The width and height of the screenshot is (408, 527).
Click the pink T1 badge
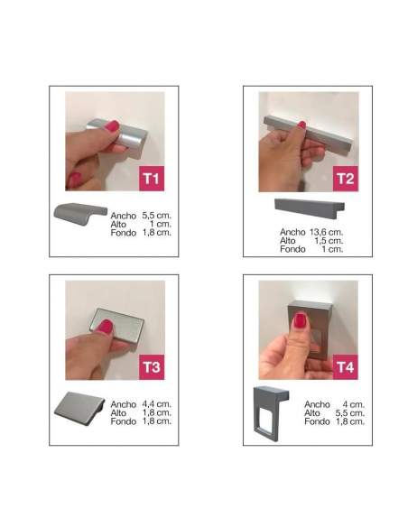(152, 178)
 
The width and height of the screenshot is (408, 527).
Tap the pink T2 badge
(346, 179)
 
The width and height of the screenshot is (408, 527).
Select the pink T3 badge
(152, 367)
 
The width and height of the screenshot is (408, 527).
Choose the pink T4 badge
(346, 367)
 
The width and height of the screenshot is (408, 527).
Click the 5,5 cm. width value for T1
(157, 216)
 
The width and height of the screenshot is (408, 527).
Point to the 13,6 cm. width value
(327, 232)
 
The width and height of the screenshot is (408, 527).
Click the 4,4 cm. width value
(157, 404)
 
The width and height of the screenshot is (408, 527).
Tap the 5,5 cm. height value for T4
(350, 412)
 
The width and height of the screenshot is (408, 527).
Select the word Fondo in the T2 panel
(292, 249)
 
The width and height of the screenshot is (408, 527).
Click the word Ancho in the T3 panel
(124, 404)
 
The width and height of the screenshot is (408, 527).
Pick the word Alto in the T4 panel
(312, 412)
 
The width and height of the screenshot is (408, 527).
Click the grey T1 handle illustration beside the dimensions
(80, 213)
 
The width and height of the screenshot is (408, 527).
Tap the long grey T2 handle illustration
(310, 208)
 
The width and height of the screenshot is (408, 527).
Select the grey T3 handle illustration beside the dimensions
(79, 409)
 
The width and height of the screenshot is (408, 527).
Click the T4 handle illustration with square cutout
(271, 413)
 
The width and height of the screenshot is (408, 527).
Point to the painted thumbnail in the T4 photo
(300, 320)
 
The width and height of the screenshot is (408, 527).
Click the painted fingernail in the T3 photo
(106, 327)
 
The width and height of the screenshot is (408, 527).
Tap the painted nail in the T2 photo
(301, 125)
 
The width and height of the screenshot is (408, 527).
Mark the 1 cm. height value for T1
(161, 224)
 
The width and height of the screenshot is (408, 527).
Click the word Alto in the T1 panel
(118, 224)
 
